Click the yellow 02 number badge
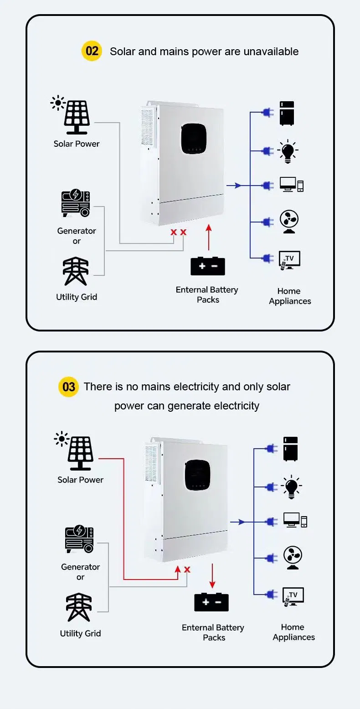coord(92,51)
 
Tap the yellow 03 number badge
coord(68,387)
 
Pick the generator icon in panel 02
coord(76,204)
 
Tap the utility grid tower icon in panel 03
coord(80,607)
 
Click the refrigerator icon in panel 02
coord(287,114)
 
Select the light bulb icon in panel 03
coord(291,486)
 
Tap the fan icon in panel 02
coord(289,222)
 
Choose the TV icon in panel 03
coord(293,596)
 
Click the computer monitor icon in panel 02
coord(291,185)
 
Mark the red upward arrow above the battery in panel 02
coord(209,237)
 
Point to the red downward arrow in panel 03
coord(212,576)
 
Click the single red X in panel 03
coord(187,569)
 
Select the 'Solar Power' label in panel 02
coord(76,144)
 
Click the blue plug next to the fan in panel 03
coord(271,558)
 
